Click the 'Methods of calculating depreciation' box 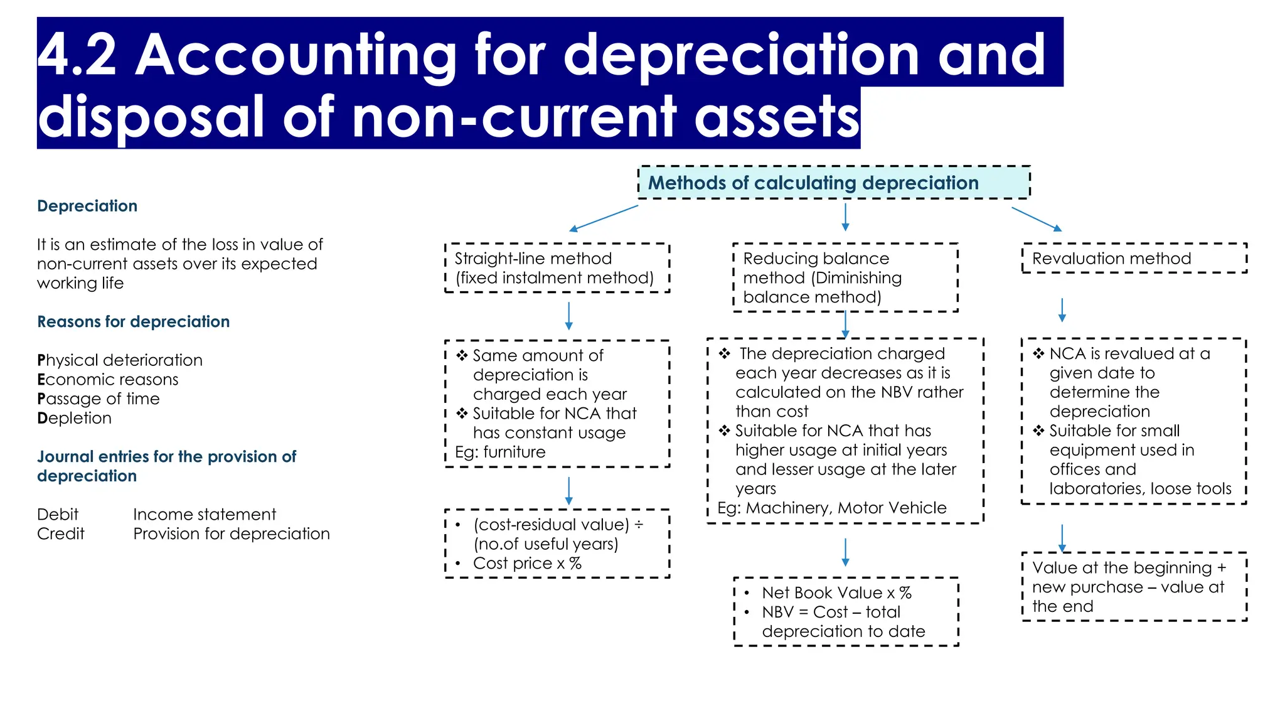click(834, 183)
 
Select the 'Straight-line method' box click(557, 268)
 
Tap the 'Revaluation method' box click(1134, 259)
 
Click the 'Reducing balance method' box click(845, 277)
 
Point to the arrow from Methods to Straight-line click(603, 218)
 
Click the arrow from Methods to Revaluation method click(1037, 219)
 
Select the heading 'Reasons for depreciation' click(133, 322)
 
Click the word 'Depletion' click(75, 418)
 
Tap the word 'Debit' click(58, 515)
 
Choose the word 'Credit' click(60, 534)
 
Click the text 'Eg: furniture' click(500, 452)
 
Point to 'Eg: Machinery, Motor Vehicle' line click(831, 508)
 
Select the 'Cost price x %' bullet click(527, 564)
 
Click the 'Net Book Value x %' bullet click(836, 593)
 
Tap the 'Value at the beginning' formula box click(1134, 587)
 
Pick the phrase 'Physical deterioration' click(120, 360)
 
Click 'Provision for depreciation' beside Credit click(232, 534)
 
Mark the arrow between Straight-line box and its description click(569, 316)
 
